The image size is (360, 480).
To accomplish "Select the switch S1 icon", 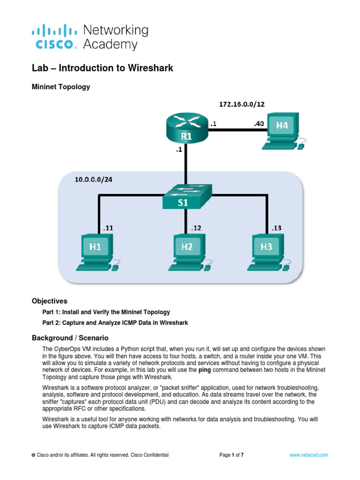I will pyautogui.click(x=187, y=197).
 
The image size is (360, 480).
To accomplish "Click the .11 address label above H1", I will pyautogui.click(x=108, y=228).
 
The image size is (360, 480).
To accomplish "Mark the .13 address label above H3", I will pyautogui.click(x=277, y=228).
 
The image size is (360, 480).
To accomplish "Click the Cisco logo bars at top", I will pyautogui.click(x=54, y=32).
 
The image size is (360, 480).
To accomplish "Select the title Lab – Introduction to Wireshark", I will pyautogui.click(x=102, y=68).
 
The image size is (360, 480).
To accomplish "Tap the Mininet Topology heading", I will pyautogui.click(x=60, y=87).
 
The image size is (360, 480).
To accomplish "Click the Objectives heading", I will pyautogui.click(x=49, y=301).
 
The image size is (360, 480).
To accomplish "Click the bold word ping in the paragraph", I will pyautogui.click(x=205, y=370).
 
